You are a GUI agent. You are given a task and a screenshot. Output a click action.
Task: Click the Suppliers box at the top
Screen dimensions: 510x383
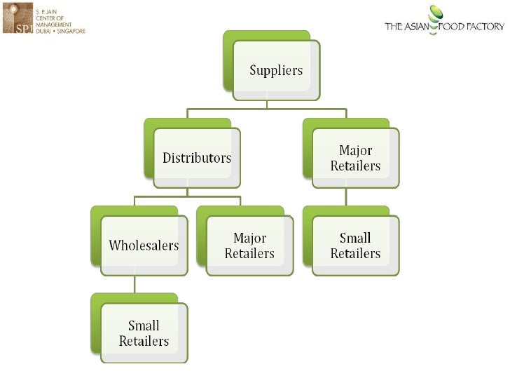point(277,70)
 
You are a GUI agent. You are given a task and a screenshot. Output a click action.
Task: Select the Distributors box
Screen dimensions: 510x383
point(197,158)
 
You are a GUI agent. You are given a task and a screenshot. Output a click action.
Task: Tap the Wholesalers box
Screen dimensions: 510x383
point(144,246)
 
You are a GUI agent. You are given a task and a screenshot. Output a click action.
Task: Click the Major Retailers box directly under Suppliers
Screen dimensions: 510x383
point(355,158)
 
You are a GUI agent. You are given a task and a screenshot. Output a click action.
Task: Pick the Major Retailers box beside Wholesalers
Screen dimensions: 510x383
point(249,246)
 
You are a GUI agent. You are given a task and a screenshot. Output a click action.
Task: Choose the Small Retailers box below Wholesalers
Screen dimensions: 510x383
point(144,333)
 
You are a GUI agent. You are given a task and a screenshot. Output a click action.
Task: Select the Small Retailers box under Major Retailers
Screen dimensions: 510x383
point(355,246)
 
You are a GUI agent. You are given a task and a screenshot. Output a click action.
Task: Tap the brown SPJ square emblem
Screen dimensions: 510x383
point(17,18)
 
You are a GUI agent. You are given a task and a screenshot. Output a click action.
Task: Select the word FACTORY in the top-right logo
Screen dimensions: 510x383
point(485,27)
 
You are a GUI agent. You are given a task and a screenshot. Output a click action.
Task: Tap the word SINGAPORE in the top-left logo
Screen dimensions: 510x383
point(71,31)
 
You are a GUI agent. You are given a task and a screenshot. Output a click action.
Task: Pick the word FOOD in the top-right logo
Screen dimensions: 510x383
point(454,27)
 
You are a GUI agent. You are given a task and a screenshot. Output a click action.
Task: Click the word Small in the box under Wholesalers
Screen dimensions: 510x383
point(144,325)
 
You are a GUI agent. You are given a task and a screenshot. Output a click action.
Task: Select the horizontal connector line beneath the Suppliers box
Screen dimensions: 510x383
point(266,109)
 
